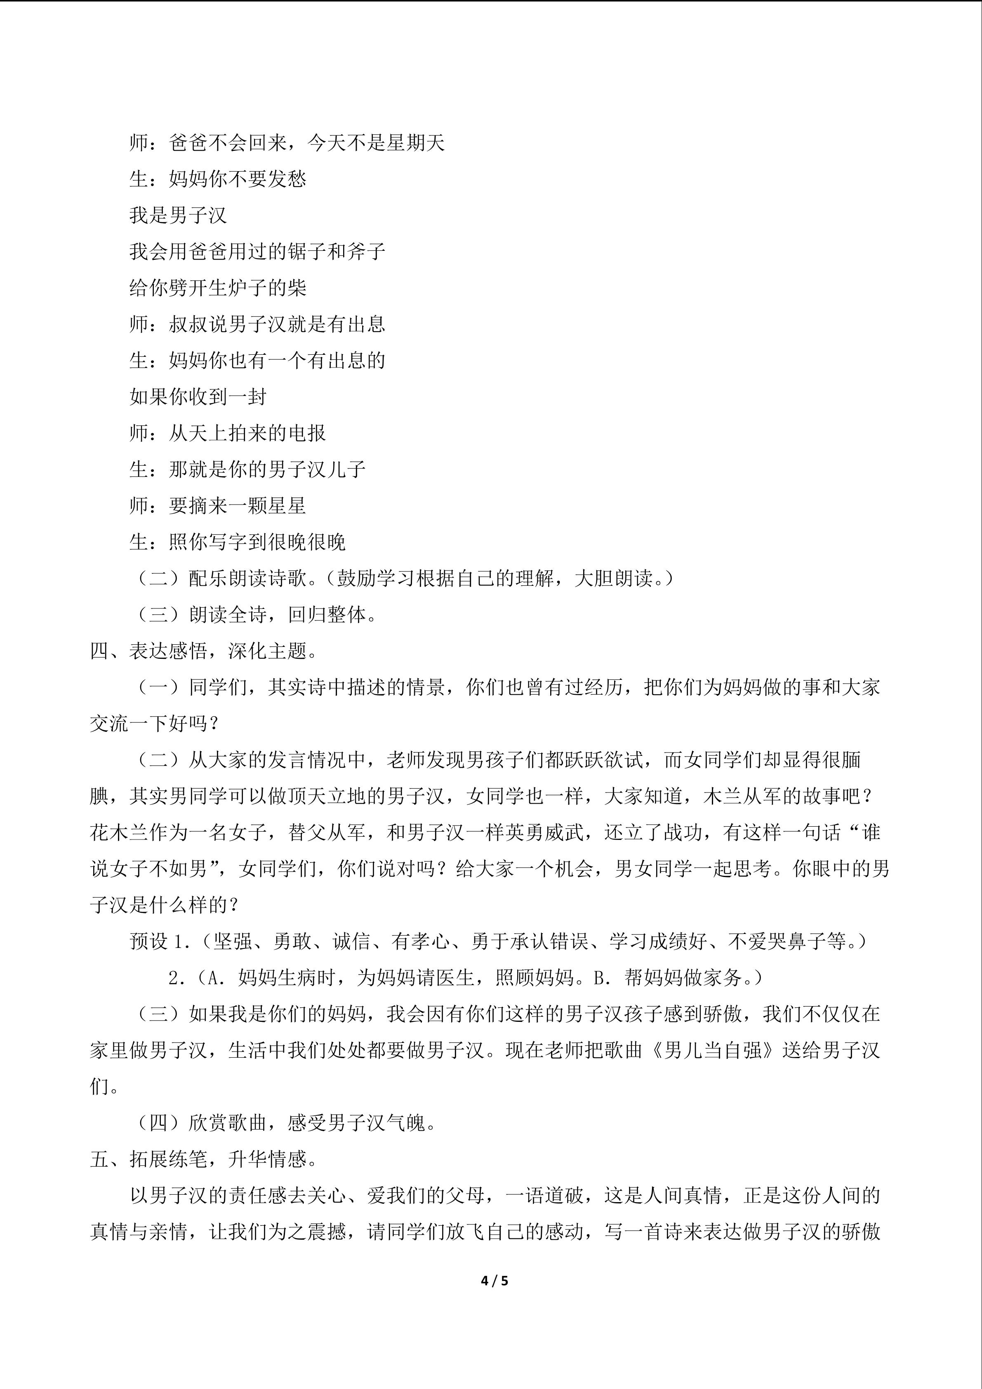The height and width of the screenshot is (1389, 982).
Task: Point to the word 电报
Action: [307, 433]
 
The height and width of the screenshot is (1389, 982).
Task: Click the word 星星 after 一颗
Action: [287, 506]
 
